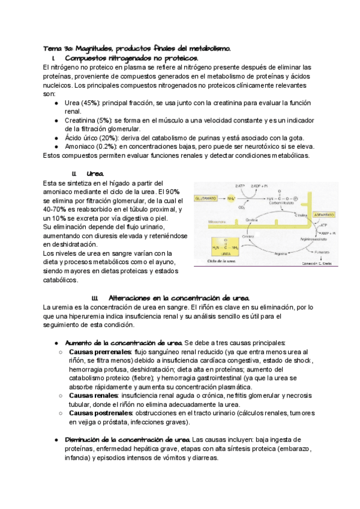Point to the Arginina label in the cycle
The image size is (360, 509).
click(272, 254)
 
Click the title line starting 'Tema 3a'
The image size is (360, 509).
click(141, 47)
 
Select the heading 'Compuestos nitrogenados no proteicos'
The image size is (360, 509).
click(131, 58)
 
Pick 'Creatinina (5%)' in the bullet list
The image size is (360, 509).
click(88, 121)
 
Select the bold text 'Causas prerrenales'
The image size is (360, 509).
click(100, 352)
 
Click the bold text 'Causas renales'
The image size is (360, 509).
click(93, 396)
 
